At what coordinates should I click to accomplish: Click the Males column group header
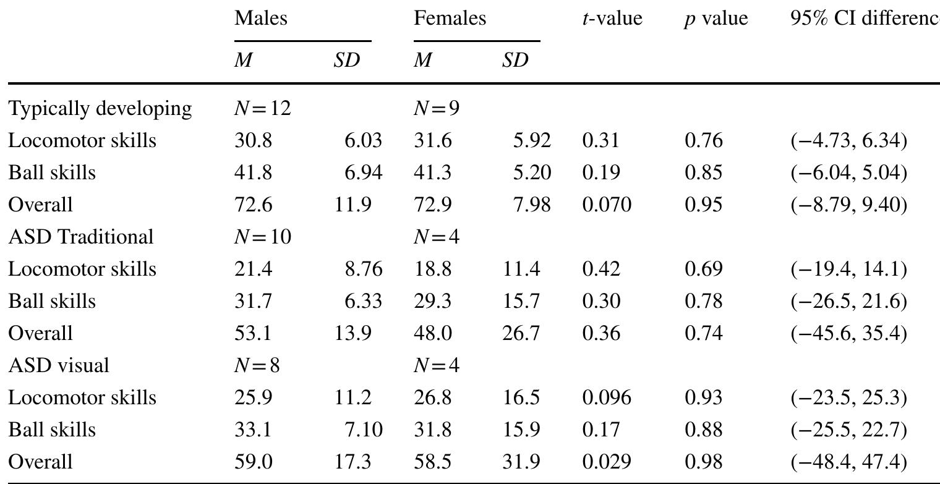[x=261, y=19]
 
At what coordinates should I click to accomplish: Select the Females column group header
[x=450, y=19]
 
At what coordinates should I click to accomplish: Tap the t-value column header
[x=612, y=19]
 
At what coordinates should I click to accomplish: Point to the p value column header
[x=716, y=19]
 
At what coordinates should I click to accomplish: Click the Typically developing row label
[x=100, y=109]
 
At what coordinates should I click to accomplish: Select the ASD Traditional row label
[x=80, y=237]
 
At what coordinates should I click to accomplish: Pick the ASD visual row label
[x=59, y=365]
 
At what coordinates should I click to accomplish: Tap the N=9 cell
[x=437, y=109]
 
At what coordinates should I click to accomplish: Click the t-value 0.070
[x=607, y=205]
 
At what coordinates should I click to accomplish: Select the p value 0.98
[x=703, y=462]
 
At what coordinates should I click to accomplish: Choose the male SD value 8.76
[x=364, y=269]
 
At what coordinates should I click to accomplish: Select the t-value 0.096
[x=607, y=397]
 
